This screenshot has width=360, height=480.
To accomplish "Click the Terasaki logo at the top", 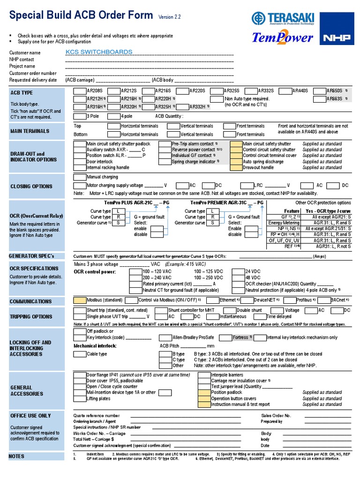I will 282,19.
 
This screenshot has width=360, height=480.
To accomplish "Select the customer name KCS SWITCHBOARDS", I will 99,52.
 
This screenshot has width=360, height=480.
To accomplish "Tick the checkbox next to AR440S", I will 285,90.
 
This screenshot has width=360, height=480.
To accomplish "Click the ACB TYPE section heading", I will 22,93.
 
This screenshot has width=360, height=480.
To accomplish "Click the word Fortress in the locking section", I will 241,337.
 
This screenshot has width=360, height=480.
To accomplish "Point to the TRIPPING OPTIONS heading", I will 31,317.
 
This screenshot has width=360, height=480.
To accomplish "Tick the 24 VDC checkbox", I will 239,271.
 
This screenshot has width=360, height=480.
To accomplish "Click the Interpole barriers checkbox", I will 204,375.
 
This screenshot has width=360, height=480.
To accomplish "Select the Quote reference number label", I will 96,416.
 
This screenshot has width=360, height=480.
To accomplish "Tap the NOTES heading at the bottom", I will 16,456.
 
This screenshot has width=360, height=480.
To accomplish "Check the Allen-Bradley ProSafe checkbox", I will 166,337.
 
